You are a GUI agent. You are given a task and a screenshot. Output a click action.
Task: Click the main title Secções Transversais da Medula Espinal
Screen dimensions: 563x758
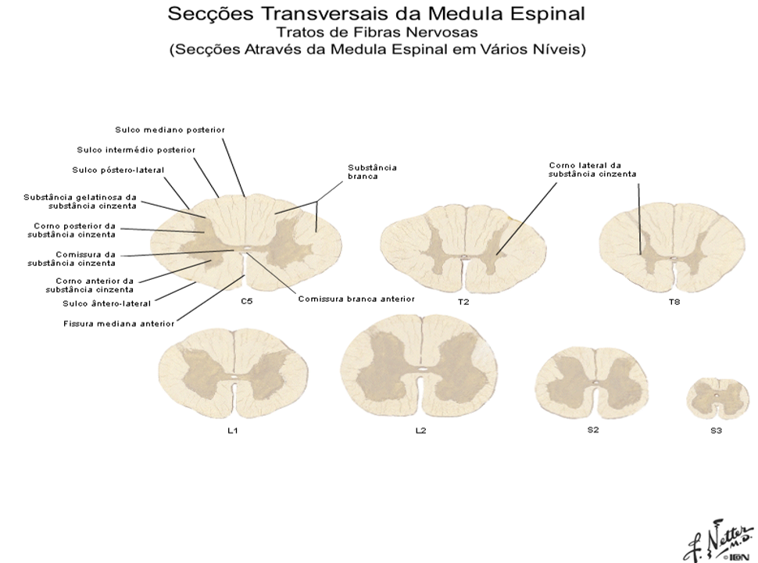(377, 14)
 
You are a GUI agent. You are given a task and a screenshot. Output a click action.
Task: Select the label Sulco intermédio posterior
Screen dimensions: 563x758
(136, 149)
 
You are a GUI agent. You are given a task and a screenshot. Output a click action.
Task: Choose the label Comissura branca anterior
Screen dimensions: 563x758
(356, 298)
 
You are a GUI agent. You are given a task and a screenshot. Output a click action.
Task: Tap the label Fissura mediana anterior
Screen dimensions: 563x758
(119, 322)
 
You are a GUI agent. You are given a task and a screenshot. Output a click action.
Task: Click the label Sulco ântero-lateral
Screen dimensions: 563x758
(107, 303)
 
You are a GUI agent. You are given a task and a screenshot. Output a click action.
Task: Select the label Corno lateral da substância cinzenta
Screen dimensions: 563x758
(584, 170)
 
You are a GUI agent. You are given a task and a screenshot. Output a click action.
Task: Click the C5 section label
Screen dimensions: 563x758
(246, 302)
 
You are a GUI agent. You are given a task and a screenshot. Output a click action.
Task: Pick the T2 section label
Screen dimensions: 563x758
(464, 302)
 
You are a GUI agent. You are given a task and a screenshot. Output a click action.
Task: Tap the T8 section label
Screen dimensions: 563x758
(674, 302)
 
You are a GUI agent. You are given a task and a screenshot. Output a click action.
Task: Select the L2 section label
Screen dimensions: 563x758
(420, 431)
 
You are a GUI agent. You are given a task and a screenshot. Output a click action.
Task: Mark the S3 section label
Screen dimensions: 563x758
(716, 431)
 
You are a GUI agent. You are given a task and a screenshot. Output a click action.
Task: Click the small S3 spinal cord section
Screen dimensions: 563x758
(716, 398)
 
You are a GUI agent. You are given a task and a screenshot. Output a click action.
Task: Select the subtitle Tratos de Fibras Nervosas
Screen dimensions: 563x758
(377, 32)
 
